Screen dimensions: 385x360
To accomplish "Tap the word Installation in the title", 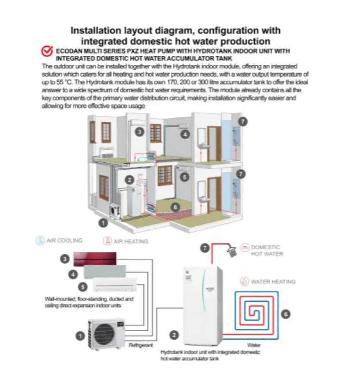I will click(x=94, y=30).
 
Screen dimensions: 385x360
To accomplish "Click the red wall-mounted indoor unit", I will click(x=99, y=259).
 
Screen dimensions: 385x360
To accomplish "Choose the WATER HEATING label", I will click(x=273, y=282).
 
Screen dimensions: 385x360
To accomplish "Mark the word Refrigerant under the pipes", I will click(x=141, y=345).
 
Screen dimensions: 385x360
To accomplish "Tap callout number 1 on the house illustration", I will click(x=104, y=221).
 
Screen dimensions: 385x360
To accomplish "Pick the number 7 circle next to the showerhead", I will click(x=206, y=248).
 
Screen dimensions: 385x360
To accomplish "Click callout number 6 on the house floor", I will click(x=175, y=207).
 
